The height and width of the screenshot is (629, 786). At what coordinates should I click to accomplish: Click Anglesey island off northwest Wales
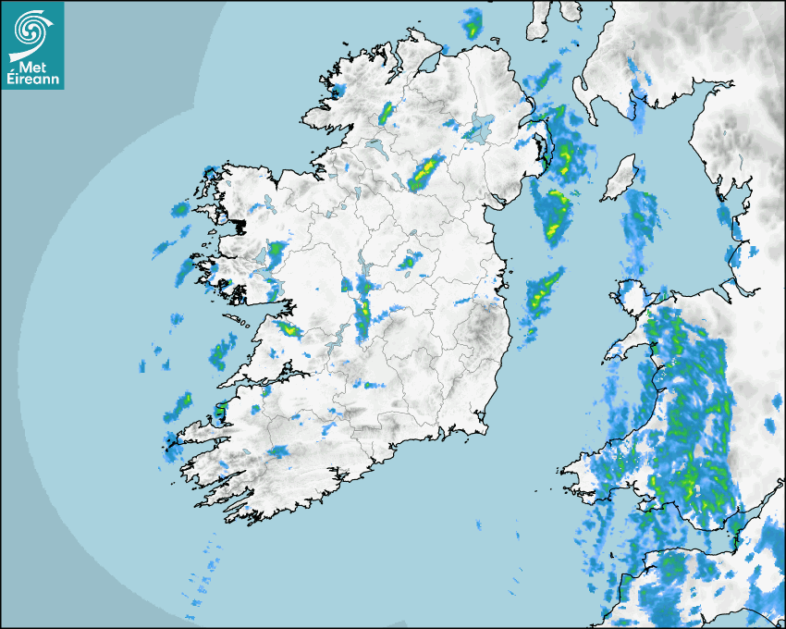coord(633,297)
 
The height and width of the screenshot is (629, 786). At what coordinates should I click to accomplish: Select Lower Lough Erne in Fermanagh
coord(375,145)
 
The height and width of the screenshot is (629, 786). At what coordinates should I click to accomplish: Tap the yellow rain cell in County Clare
coord(288,327)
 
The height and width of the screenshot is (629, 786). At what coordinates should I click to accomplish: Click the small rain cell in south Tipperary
coord(371,385)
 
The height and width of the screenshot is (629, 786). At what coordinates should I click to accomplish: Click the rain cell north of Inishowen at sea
coord(473,23)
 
